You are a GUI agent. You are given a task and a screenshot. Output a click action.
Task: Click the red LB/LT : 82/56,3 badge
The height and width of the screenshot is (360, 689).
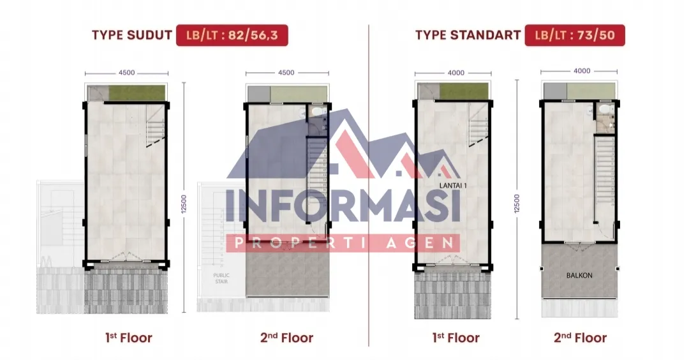pyautogui.click(x=232, y=35)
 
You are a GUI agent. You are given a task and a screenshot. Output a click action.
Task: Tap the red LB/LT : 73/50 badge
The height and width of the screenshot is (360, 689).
pyautogui.click(x=575, y=35)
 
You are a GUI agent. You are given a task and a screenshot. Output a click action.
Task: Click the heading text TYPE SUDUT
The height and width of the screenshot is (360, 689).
pyautogui.click(x=132, y=35)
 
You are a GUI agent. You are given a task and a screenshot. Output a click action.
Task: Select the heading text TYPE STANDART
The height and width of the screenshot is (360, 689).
pyautogui.click(x=468, y=35)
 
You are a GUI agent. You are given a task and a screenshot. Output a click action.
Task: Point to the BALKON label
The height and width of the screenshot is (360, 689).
pyautogui.click(x=579, y=276)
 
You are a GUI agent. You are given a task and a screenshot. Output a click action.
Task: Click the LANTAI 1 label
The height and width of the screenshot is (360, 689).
pyautogui.click(x=453, y=186)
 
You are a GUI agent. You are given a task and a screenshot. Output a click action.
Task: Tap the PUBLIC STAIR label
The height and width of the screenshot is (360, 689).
pyautogui.click(x=221, y=278)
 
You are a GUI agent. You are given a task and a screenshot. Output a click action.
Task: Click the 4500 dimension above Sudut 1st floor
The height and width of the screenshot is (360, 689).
pyautogui.click(x=126, y=73)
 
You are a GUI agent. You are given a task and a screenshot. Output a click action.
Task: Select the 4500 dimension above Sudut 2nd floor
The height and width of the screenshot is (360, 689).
pyautogui.click(x=286, y=73)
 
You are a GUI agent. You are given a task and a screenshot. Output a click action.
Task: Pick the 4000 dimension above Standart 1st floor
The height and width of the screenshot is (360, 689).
pyautogui.click(x=456, y=73)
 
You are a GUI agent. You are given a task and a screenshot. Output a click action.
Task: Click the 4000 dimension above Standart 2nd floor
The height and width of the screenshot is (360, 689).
pyautogui.click(x=582, y=71)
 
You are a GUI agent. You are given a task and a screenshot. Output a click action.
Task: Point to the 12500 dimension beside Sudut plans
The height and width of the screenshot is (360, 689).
pyautogui.click(x=184, y=204)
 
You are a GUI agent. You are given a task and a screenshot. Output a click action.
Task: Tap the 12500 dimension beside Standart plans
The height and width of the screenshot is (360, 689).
pyautogui.click(x=517, y=204)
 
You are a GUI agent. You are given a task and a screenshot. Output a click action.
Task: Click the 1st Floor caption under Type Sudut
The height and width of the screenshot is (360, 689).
pyautogui.click(x=129, y=338)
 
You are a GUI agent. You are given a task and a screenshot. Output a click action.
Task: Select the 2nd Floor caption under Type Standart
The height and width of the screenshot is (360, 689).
pyautogui.click(x=580, y=338)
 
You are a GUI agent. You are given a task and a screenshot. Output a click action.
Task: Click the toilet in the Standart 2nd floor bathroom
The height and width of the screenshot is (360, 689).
pyautogui.click(x=605, y=109)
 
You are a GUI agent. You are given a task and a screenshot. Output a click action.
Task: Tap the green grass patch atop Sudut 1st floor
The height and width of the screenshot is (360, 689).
pyautogui.click(x=137, y=93)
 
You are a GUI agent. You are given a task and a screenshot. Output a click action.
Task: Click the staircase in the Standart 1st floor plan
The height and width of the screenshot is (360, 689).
pyautogui.click(x=478, y=124)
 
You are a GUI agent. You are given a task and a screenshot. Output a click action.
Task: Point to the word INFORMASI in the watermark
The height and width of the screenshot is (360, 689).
pyautogui.click(x=343, y=206)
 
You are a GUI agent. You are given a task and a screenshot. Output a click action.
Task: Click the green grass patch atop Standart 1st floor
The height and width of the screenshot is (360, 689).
pyautogui.click(x=464, y=91)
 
